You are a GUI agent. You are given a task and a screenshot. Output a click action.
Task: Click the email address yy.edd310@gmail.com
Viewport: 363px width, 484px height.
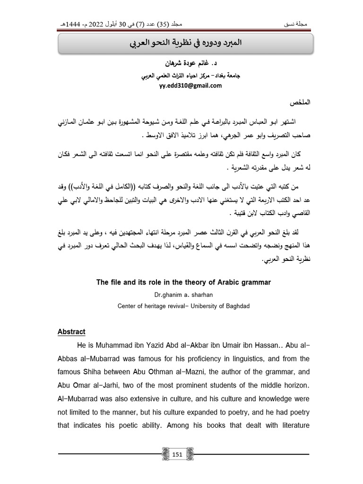tap(181, 86)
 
